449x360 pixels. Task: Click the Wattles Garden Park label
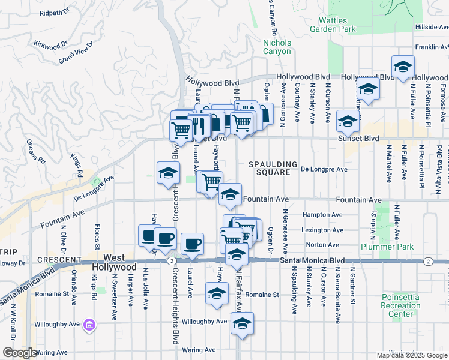[333, 23]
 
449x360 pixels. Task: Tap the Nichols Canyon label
[277, 47]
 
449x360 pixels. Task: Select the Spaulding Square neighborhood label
[273, 168]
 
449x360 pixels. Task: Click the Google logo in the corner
[19, 353]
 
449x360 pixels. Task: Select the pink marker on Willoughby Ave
[90, 325]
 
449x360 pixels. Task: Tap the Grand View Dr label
[76, 53]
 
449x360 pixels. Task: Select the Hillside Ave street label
[432, 27]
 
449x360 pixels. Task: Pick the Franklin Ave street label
[432, 47]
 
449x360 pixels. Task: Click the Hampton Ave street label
[324, 215]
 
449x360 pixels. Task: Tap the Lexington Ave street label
[324, 230]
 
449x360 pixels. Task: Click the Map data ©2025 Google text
[412, 355]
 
